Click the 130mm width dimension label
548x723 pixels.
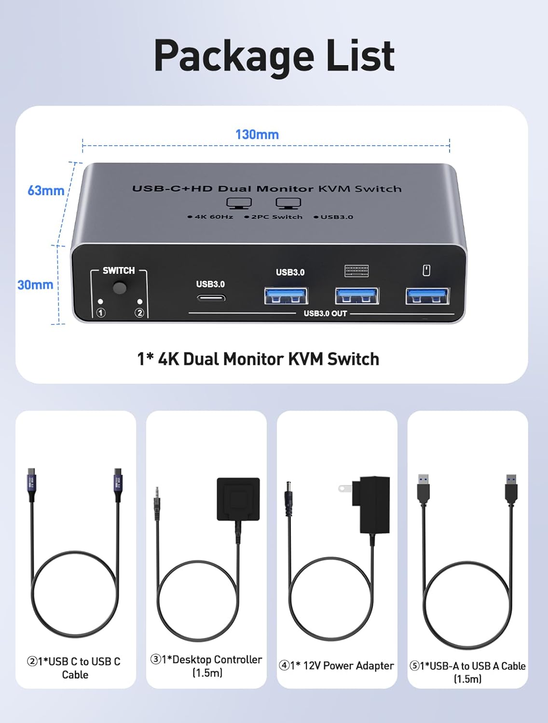257,134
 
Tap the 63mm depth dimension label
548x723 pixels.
45,191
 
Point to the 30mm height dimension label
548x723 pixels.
35,285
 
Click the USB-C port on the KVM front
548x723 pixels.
211,298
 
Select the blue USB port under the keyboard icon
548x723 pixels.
357,295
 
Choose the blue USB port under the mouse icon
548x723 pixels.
427,295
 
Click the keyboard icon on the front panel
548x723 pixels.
356,271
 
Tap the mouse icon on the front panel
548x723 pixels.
426,270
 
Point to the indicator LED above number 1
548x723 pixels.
100,301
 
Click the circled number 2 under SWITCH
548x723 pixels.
139,313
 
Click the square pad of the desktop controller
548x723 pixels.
238,499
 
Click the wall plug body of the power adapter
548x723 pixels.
374,504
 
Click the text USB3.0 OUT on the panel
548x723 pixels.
325,313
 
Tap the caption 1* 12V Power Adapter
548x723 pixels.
337,666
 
